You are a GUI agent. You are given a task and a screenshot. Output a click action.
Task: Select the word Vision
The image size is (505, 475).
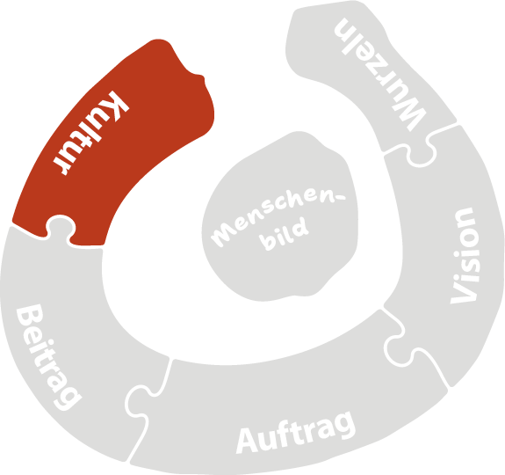click(465, 255)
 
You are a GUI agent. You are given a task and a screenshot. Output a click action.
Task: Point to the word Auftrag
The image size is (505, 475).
click(296, 432)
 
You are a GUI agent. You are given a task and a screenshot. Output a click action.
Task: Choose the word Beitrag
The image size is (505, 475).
click(49, 357)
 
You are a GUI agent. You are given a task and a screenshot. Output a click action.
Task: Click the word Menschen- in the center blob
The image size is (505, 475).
click(278, 216)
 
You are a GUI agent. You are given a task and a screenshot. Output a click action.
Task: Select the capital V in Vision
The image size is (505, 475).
click(463, 293)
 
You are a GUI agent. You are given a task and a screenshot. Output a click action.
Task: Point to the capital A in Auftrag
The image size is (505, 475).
click(247, 441)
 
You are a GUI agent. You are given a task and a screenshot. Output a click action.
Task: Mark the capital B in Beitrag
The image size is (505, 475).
click(30, 316)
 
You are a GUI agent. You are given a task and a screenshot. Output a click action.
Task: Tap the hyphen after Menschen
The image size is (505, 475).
click(340, 197)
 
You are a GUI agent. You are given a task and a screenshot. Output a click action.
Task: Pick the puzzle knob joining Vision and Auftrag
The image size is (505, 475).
click(398, 351)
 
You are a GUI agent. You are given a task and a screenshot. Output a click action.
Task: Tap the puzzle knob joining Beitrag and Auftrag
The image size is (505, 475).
click(138, 401)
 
